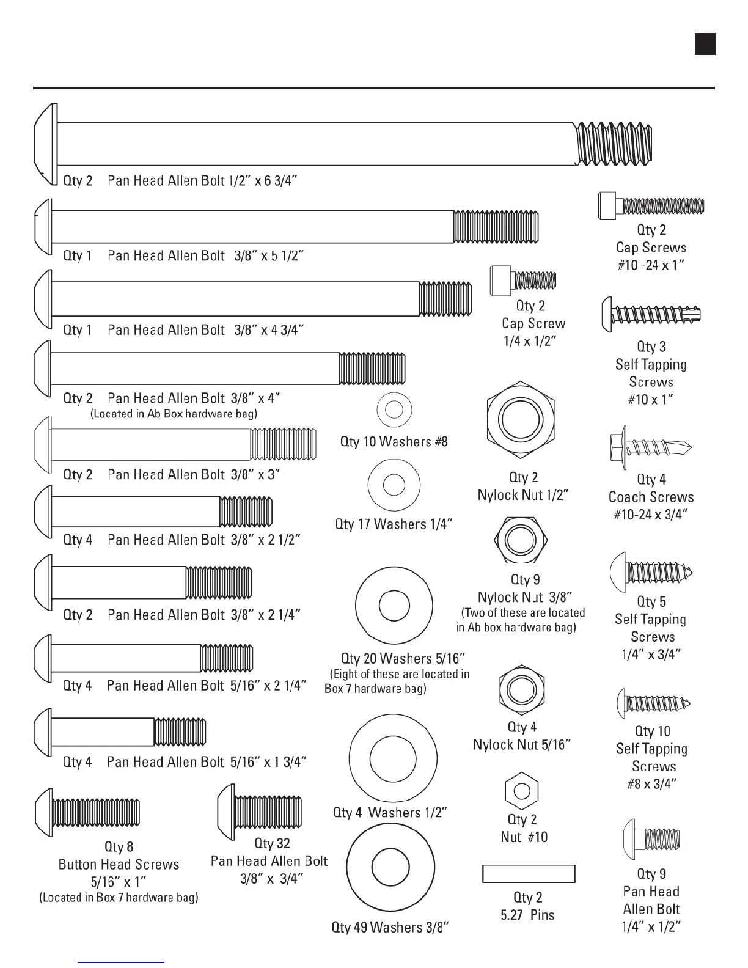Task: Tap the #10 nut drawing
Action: click(521, 791)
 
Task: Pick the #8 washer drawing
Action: click(394, 409)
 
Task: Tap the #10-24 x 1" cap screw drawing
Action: click(651, 205)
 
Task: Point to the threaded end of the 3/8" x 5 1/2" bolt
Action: click(496, 226)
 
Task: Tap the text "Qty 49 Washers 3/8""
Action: click(390, 927)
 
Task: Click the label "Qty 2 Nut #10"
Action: click(524, 829)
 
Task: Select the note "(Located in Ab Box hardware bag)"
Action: click(174, 414)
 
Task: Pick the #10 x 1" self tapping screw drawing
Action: click(651, 315)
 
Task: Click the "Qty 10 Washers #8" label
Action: click(394, 441)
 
